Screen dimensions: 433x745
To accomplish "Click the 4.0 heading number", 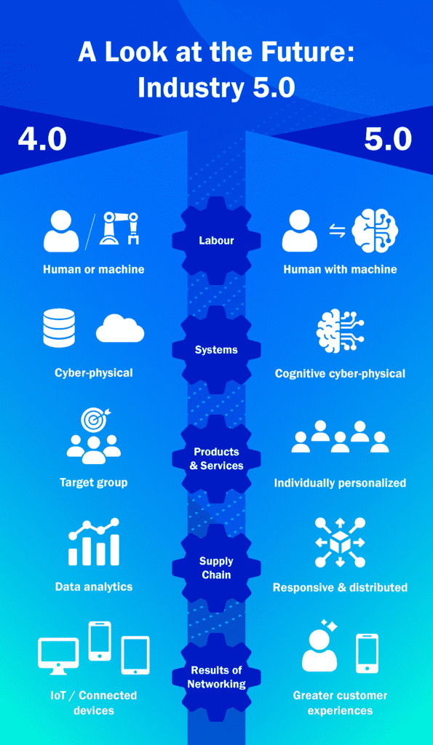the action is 41,140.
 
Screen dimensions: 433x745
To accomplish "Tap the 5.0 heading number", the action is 388,140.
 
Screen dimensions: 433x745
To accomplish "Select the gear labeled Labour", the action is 216,240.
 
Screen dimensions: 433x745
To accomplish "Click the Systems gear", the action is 216,350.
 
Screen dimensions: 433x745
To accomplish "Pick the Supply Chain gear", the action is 216,568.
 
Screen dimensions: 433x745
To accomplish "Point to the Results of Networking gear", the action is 216,677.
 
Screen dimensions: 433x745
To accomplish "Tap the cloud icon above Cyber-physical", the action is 120,328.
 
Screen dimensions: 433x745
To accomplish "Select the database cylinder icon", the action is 59,328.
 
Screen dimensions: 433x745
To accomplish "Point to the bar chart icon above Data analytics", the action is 94,541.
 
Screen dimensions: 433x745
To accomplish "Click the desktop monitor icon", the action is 58,656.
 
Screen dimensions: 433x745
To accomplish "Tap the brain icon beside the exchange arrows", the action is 375,231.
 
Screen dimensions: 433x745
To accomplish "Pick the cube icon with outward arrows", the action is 340,542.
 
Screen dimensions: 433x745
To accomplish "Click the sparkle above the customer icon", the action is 328,626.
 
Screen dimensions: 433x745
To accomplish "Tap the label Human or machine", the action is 94,269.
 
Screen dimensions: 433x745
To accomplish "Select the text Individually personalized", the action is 340,483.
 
